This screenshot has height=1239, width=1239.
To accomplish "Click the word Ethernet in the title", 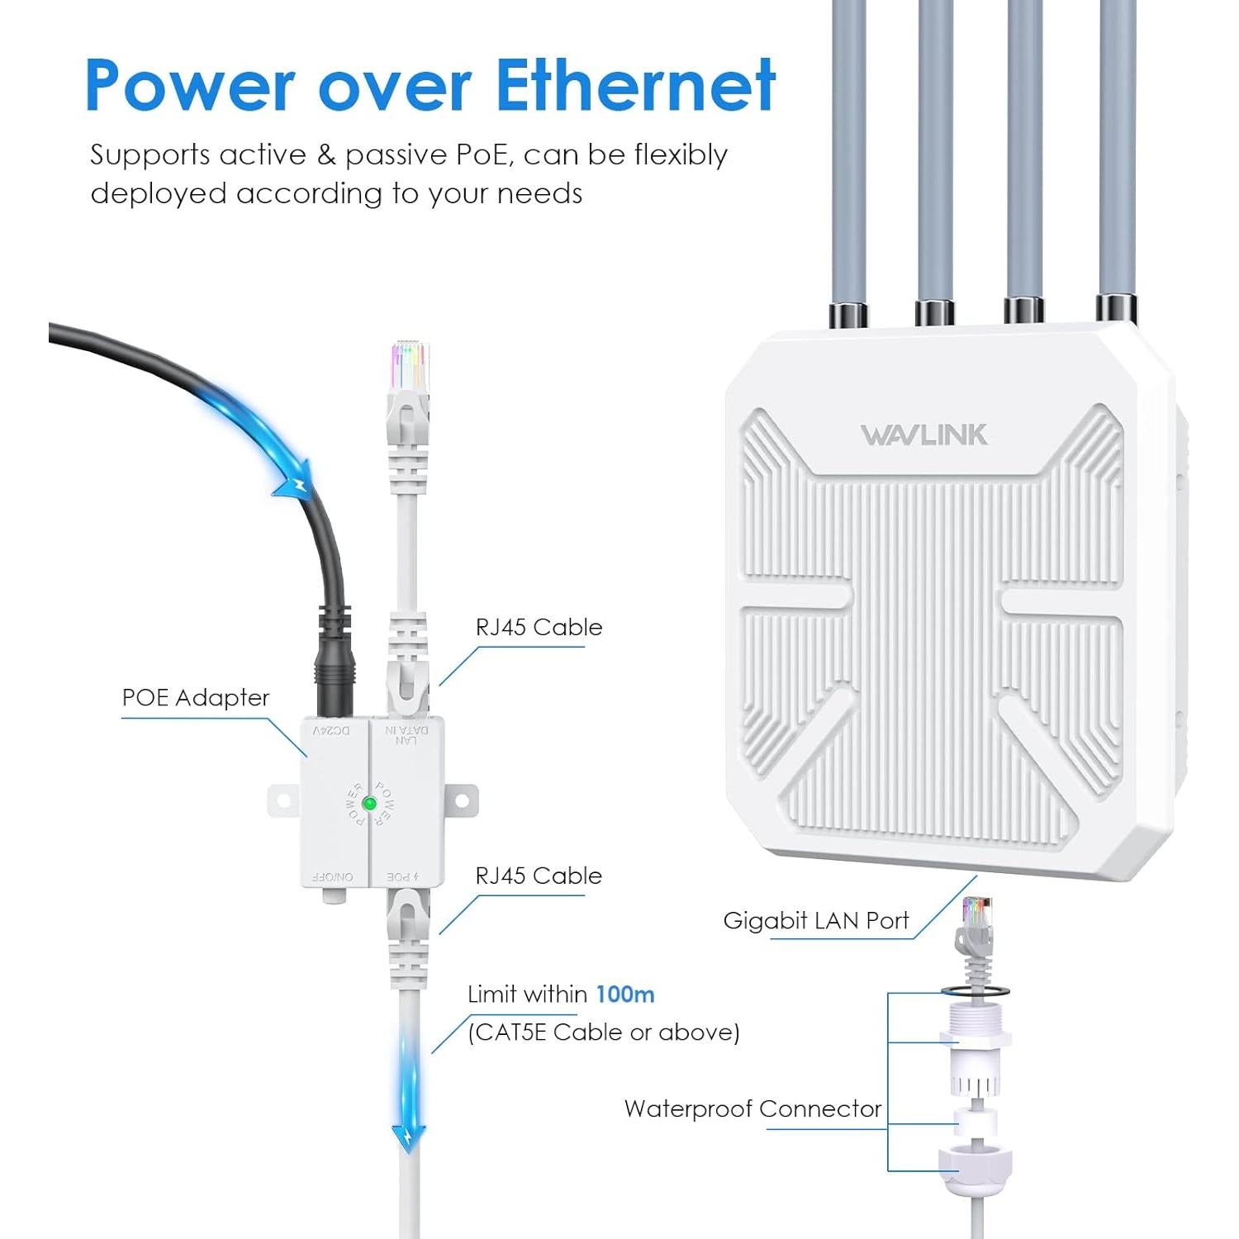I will [635, 85].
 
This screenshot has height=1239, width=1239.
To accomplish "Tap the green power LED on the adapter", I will [369, 803].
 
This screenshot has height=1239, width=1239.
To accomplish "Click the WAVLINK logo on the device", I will [923, 435].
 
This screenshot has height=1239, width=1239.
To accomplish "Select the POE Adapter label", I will [196, 698].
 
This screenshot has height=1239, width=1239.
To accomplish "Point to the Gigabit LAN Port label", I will [815, 920].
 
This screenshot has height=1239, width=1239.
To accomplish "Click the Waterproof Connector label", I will [752, 1108].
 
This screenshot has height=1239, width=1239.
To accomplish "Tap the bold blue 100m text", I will [625, 994].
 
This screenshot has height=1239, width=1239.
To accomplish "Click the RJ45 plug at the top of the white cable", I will [410, 368].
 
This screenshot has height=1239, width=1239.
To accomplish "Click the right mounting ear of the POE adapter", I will [462, 800].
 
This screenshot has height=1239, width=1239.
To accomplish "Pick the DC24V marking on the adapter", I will [331, 731].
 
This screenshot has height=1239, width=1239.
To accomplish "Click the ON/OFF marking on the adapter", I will [333, 876].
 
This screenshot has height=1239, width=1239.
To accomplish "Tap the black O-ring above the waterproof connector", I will [975, 990].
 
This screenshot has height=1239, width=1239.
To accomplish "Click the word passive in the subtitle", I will [398, 154].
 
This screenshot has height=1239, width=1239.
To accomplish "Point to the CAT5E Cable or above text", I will [603, 1032].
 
